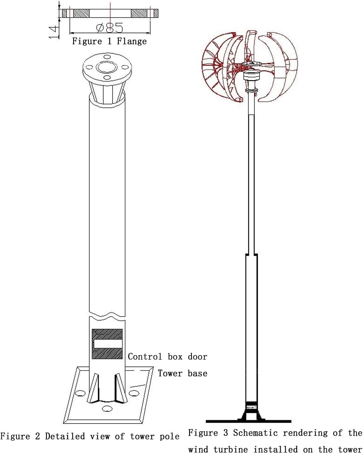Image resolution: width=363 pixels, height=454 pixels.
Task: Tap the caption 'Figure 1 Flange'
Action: point(109,41)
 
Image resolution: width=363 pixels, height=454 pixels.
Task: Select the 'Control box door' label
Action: point(167,357)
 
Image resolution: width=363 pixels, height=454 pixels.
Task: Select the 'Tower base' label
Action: point(182,373)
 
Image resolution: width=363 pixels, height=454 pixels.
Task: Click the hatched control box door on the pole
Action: point(107,344)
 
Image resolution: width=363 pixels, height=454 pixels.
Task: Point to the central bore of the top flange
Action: point(107,67)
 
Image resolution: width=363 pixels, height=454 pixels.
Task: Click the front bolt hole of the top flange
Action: point(107,78)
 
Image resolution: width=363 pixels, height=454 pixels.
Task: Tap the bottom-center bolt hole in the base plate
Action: point(107,409)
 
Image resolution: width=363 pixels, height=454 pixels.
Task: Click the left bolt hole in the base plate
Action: point(81,393)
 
